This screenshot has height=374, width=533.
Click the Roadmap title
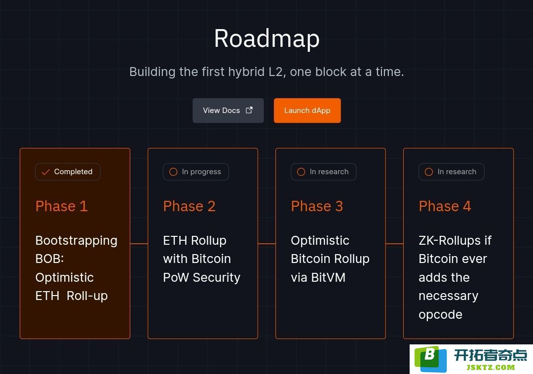(x=266, y=38)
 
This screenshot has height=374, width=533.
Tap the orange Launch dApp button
(x=307, y=111)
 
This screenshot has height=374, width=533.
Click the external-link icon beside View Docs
(x=249, y=110)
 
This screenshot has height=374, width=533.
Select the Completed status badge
(x=68, y=172)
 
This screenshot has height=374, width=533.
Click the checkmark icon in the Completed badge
(x=45, y=172)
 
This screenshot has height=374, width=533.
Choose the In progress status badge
(x=196, y=172)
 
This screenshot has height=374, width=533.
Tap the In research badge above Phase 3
(x=324, y=172)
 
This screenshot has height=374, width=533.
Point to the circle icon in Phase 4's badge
(x=429, y=172)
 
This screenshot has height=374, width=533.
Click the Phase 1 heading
(x=62, y=206)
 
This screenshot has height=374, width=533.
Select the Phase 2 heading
(x=190, y=206)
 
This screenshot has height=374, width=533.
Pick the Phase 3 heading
(x=317, y=206)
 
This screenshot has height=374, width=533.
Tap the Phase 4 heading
(x=445, y=206)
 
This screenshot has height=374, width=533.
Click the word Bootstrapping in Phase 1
(x=76, y=241)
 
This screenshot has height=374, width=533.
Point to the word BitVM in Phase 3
(x=328, y=277)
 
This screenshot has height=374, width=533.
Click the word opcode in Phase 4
(x=441, y=315)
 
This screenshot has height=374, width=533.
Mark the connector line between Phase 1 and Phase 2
(x=139, y=244)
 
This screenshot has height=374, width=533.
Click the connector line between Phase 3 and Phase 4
(x=395, y=244)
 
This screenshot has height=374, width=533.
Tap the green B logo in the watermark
(x=431, y=359)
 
